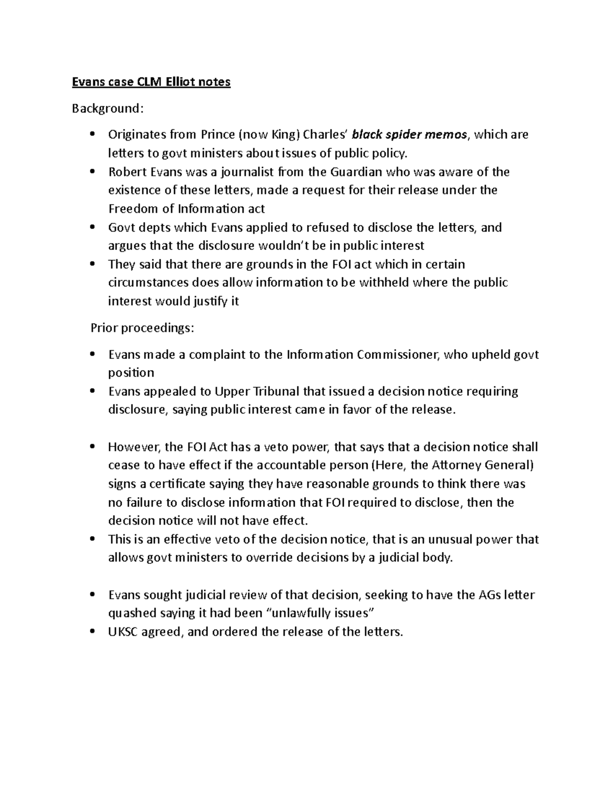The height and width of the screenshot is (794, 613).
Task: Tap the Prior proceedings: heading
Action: point(142,328)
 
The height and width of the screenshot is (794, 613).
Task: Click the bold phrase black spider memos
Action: point(409,134)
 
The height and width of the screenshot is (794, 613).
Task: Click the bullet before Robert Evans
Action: point(92,172)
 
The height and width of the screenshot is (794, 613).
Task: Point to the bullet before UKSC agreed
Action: point(92,632)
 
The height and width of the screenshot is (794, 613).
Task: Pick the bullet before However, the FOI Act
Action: point(92,447)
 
